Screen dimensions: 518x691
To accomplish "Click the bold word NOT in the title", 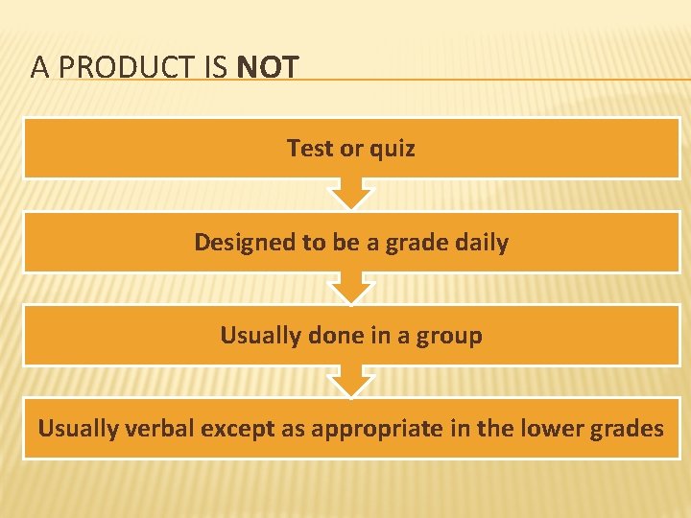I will [x=268, y=67].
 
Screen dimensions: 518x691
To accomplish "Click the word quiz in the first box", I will [x=393, y=149].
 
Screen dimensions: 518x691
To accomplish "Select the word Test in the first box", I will [x=308, y=149].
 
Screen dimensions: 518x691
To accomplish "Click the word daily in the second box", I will [x=484, y=243].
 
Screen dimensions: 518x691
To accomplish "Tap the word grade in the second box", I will [x=420, y=243].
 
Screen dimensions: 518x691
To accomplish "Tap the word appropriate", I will [x=363, y=429].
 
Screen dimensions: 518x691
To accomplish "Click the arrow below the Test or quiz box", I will [x=351, y=195].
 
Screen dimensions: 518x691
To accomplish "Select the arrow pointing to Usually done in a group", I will [x=351, y=289].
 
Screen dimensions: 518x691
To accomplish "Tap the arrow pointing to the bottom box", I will [x=351, y=382].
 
